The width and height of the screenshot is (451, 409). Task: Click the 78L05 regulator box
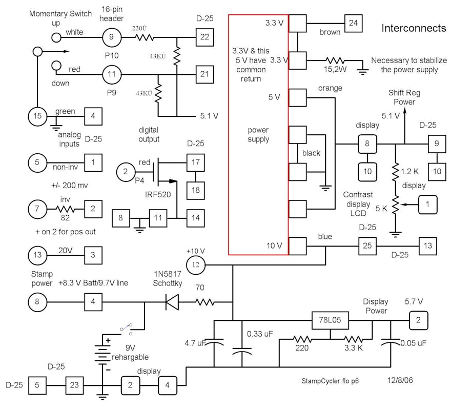coord(330,322)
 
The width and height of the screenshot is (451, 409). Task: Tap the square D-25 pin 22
coord(204,37)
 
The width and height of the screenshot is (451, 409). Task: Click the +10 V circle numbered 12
coord(195,265)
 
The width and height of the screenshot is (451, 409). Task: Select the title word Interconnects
coord(414,28)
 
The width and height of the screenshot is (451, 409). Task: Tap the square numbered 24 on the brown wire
coord(353,23)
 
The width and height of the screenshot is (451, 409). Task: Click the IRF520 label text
coord(154,195)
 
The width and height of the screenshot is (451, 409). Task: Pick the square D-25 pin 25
coord(367,246)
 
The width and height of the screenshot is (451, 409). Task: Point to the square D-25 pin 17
coord(195,162)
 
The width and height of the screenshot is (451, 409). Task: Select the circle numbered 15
coord(37,116)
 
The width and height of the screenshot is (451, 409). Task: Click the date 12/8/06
coord(402,381)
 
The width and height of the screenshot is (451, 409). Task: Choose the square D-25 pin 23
coord(74,384)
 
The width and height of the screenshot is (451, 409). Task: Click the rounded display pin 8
coord(367,144)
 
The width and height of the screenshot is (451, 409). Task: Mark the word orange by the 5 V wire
coord(330,88)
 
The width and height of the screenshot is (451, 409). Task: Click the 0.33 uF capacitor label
coord(260,334)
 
